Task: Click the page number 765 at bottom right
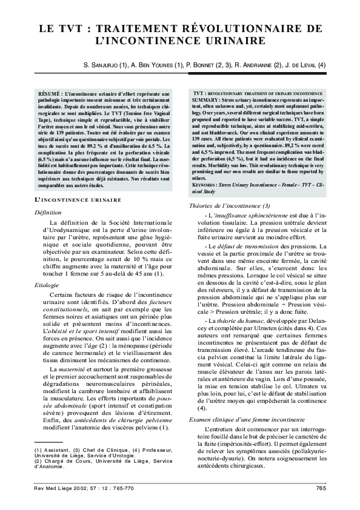click(x=321, y=488)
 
